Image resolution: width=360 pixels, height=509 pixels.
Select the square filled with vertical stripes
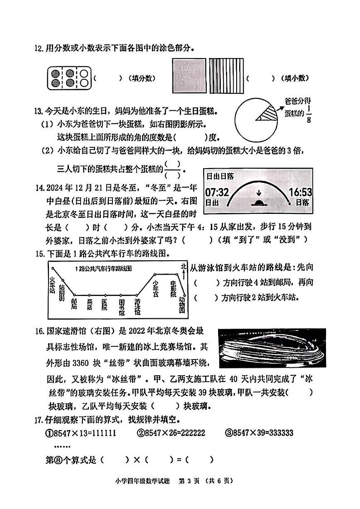[224, 76]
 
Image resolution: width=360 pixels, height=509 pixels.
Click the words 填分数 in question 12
[142, 78]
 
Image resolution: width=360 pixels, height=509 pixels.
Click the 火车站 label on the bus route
[53, 283]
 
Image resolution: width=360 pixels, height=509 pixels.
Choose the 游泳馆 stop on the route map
[137, 306]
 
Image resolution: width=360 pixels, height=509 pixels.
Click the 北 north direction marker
[183, 266]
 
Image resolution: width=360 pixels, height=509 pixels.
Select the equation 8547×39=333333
[259, 433]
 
